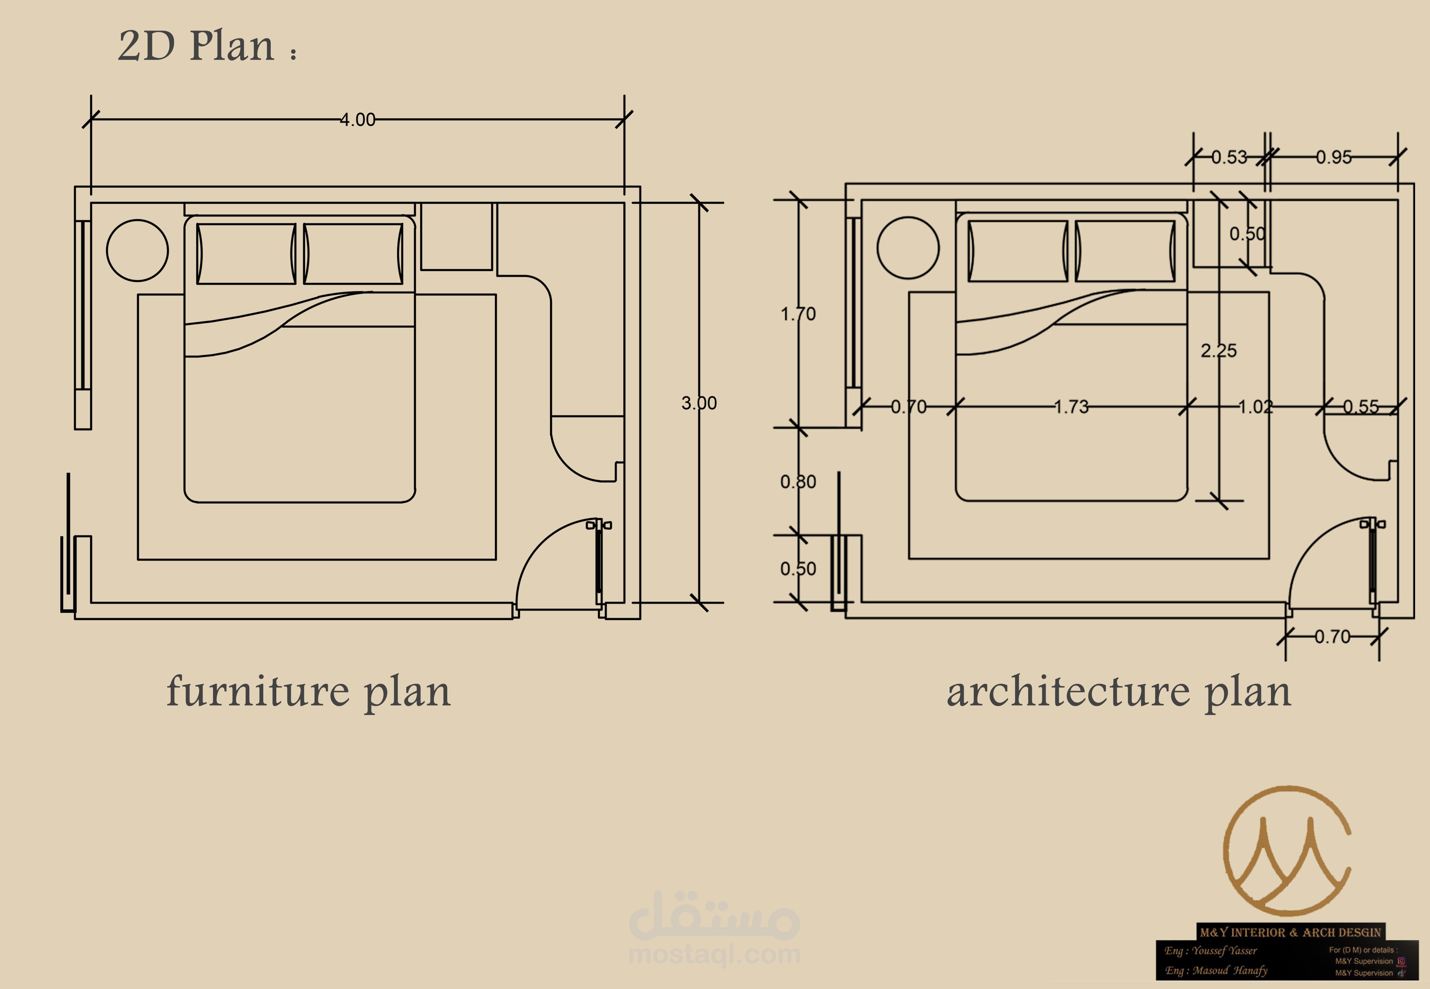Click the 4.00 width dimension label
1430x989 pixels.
pyautogui.click(x=357, y=120)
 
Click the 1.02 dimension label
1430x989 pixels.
pyautogui.click(x=1255, y=407)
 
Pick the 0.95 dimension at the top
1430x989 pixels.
pyautogui.click(x=1334, y=158)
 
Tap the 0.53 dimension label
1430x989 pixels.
pyautogui.click(x=1229, y=158)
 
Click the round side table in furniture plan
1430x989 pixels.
pyautogui.click(x=137, y=250)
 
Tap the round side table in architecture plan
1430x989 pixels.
pyautogui.click(x=908, y=248)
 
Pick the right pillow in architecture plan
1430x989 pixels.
pyautogui.click(x=1125, y=251)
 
